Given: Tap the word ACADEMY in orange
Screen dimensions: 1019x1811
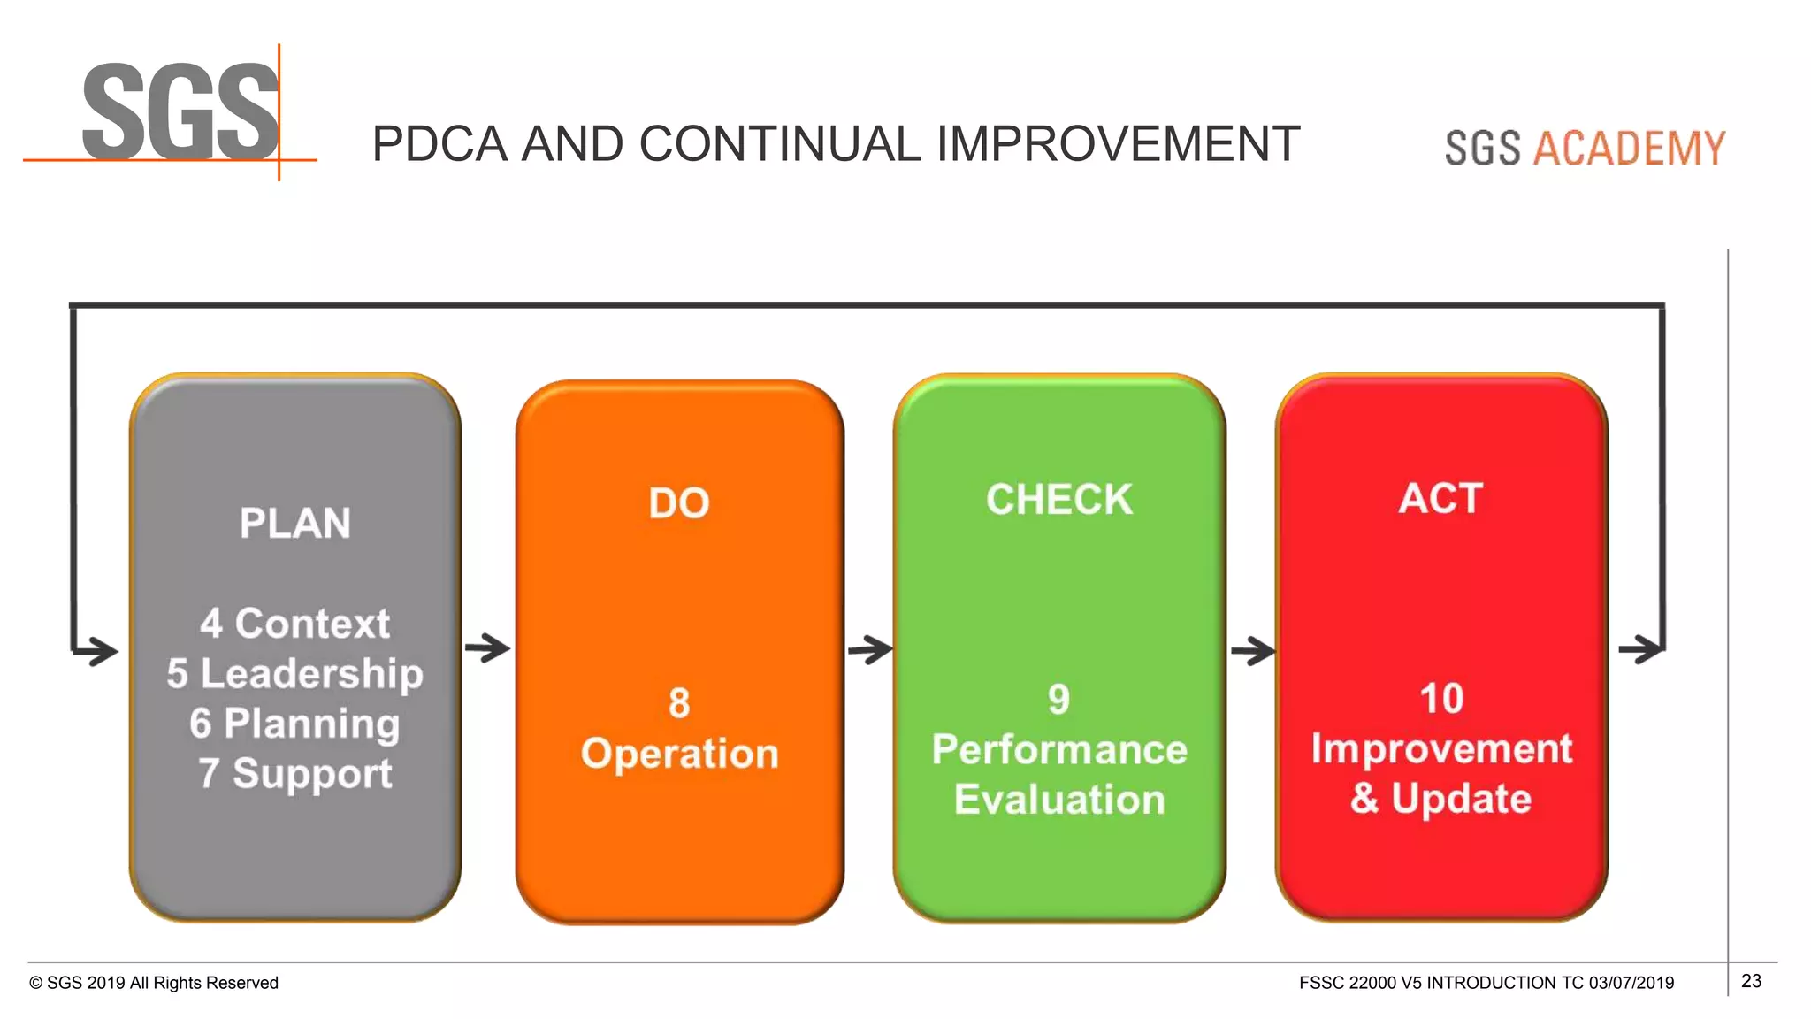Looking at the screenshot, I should point(1629,148).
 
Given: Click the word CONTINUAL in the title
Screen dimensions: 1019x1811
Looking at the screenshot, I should point(778,144).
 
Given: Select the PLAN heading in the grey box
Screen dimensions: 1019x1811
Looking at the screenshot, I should point(295,523).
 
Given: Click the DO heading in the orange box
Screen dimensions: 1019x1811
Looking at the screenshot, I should point(679,503).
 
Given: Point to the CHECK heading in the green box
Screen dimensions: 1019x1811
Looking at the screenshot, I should point(1059,500).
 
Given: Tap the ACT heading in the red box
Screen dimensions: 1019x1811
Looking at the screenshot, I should point(1440,498).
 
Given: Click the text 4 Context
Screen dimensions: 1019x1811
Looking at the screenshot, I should point(295,624).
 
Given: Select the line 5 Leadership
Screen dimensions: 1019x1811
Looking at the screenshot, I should point(295,673).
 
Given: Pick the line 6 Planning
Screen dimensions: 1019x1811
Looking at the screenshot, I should point(295,724).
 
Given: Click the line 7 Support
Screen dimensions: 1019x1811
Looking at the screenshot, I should point(295,773).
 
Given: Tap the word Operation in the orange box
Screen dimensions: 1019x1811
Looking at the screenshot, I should point(679,754).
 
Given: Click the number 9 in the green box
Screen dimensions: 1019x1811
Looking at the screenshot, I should point(1059,700).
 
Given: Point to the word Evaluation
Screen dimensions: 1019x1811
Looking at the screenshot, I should point(1059,800).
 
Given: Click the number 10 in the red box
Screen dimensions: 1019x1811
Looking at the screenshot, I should point(1441,699).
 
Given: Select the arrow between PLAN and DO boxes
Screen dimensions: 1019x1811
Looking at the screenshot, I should point(487,648).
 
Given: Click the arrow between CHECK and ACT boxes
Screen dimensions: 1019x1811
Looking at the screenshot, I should point(1253,652).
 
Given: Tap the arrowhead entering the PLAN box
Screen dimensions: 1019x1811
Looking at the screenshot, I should point(99,652).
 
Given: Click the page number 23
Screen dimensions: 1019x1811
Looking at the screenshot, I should point(1751,981).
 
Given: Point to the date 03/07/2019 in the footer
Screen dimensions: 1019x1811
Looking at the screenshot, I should point(1631,983).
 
